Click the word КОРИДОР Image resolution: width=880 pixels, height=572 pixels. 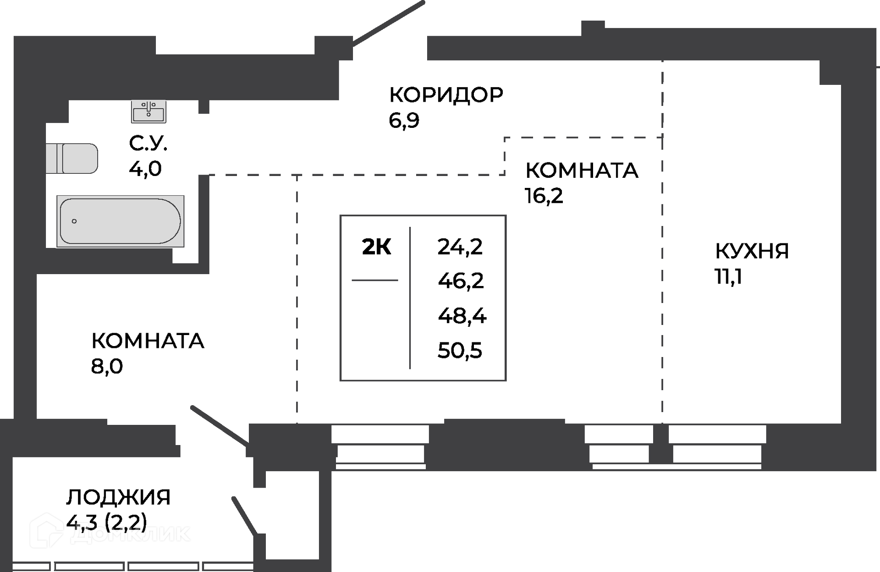446,95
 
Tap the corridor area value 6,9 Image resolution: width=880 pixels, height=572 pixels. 404,121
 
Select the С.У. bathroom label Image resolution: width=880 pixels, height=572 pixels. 148,143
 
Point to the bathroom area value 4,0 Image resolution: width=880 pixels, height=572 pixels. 145,169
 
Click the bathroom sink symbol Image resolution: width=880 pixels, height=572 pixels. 148,111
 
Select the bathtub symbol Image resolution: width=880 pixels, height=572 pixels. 120,221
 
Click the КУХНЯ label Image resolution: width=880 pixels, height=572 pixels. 752,251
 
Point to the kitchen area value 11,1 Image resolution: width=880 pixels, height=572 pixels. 728,276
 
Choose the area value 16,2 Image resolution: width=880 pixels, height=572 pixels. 544,196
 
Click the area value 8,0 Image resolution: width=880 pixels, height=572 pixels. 107,366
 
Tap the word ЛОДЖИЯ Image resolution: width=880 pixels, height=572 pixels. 118,497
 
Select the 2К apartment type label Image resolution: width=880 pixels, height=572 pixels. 376,247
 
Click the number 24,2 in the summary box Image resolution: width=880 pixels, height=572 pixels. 460,247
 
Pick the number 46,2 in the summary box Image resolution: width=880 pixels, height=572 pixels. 461,280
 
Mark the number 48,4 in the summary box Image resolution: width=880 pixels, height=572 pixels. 462,316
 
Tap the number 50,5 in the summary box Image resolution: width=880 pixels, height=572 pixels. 460,351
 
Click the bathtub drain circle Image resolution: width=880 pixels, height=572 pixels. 74,221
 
